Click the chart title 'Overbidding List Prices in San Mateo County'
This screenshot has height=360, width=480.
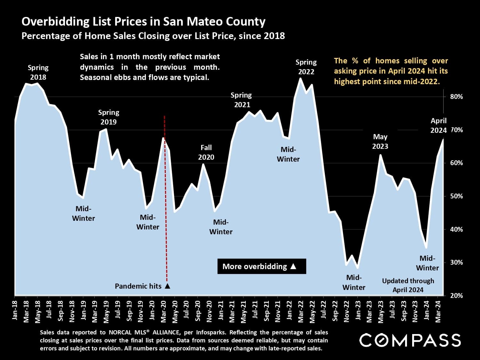tap(143, 22)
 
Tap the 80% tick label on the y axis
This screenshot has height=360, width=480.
tap(456, 97)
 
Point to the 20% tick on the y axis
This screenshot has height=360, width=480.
tap(456, 296)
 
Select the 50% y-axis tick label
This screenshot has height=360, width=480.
tap(456, 196)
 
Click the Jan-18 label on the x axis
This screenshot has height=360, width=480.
tap(15, 310)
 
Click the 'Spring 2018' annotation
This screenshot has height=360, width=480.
tap(38, 72)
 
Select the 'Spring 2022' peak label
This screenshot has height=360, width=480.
tap(306, 67)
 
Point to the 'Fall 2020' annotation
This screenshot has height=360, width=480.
tap(206, 152)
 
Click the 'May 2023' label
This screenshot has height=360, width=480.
tap(380, 141)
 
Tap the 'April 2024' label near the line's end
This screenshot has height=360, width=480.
tap(438, 125)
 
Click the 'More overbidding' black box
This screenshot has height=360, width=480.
tap(262, 266)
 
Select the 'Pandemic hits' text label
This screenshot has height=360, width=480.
tap(138, 286)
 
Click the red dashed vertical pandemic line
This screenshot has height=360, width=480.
tap(166, 198)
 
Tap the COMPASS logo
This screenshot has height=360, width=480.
tap(410, 340)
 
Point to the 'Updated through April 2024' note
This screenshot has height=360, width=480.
tap(408, 285)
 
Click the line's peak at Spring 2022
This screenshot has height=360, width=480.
tap(300, 78)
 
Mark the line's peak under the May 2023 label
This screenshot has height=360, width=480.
tap(380, 155)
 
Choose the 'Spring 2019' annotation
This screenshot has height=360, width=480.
tap(108, 117)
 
